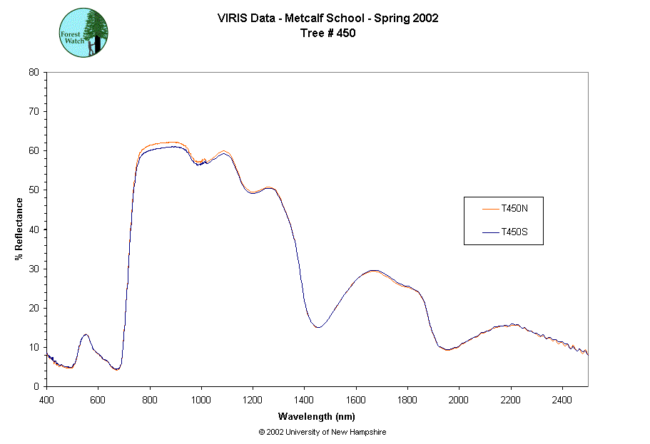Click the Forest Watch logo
click(x=83, y=33)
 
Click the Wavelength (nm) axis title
click(x=317, y=417)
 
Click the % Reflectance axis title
click(x=19, y=229)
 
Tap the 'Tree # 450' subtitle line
click(x=327, y=33)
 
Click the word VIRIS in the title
click(x=232, y=19)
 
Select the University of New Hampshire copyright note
click(x=323, y=432)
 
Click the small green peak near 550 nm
click(x=86, y=334)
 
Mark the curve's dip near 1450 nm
click(x=318, y=327)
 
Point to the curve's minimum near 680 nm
click(x=117, y=369)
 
